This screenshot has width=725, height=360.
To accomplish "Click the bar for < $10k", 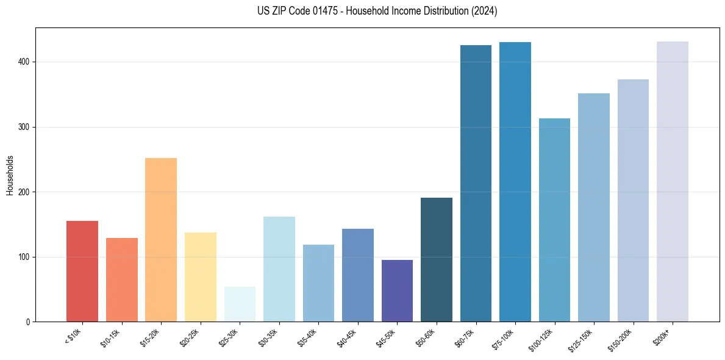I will [82, 271].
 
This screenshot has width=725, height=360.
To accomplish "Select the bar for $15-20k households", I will [161, 240].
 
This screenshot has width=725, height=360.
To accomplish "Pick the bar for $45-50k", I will [397, 290].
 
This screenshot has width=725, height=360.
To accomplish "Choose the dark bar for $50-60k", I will [437, 259].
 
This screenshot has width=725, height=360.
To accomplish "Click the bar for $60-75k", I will [476, 183].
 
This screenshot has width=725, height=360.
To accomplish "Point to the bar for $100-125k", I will [554, 220].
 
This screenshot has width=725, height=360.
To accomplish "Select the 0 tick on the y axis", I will [29, 322].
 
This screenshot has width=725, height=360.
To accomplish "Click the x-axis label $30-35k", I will [268, 338].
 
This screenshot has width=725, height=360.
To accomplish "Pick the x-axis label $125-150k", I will [581, 340].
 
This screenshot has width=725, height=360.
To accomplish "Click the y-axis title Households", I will [10, 175].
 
